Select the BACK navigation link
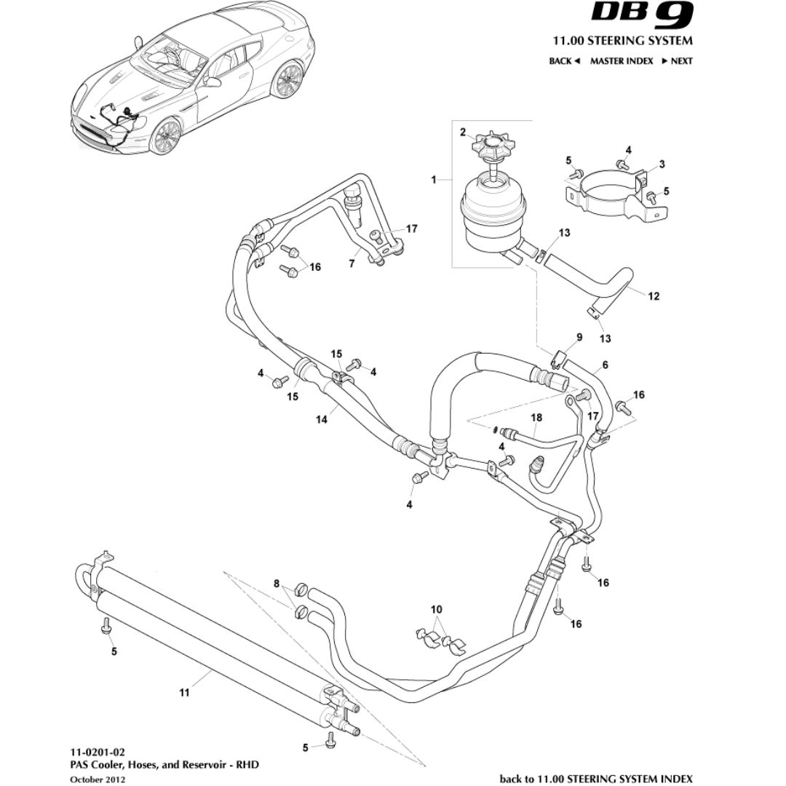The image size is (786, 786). click(564, 61)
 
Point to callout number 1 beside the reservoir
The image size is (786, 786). click(434, 178)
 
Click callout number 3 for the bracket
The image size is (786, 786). click(662, 164)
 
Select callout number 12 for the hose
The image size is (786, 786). click(654, 295)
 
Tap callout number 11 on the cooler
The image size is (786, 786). click(184, 693)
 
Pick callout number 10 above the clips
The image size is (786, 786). click(436, 608)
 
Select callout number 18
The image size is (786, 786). click(536, 418)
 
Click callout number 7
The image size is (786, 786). click(352, 264)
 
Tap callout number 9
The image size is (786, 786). click(579, 337)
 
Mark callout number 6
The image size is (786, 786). click(605, 364)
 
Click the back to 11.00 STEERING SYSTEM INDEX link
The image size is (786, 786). click(596, 778)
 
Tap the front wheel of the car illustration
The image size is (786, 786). click(167, 136)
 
